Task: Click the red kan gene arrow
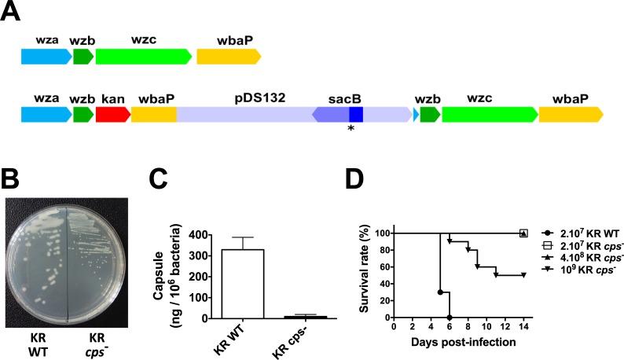[x=112, y=115]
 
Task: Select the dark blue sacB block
[x=356, y=115]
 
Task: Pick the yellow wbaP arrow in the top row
[x=228, y=56]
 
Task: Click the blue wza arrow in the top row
[x=46, y=56]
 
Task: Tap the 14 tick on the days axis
[x=523, y=326]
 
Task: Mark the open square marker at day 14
[x=523, y=233]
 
